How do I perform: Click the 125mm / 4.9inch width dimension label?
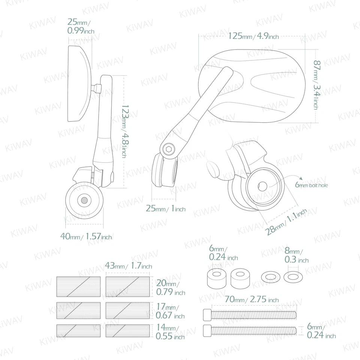tap(253, 36)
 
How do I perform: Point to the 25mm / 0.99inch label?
tap(80, 27)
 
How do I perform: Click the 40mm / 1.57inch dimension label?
tap(86, 236)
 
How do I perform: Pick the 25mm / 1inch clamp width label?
tap(165, 209)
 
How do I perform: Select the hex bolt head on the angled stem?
tap(169, 150)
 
